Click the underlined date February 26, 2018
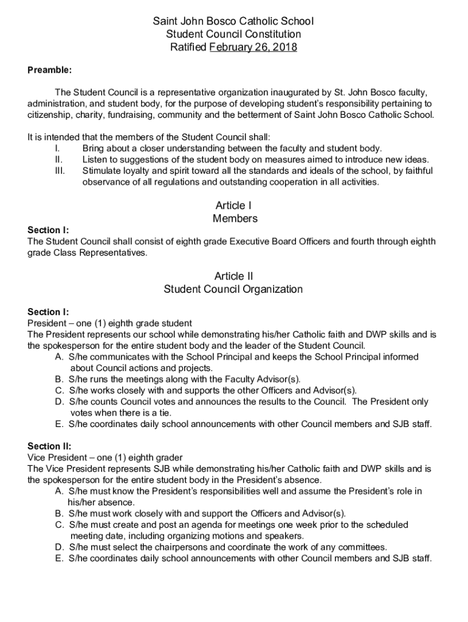click(253, 47)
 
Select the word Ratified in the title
click(188, 47)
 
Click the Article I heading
click(233, 205)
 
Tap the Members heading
click(235, 218)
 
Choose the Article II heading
click(233, 276)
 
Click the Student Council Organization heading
click(233, 289)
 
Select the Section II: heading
click(49, 446)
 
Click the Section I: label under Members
click(48, 230)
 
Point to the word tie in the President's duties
click(154, 412)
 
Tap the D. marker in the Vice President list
click(60, 547)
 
